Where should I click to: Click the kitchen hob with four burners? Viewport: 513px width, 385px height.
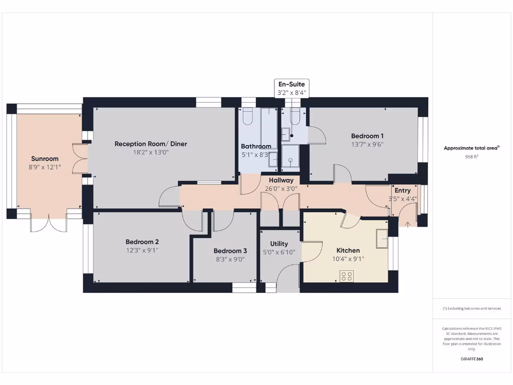pos(347,276)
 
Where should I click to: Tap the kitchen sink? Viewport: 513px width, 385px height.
pos(382,238)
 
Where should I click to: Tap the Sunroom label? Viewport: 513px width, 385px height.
pos(45,158)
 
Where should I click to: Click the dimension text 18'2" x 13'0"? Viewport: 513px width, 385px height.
pos(151,152)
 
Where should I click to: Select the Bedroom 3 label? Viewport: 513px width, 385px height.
pos(230,251)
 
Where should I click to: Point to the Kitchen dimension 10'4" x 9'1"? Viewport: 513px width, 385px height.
pos(348,259)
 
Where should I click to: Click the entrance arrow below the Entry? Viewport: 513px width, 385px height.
pos(408,224)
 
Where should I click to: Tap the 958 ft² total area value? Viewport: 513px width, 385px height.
pos(471,157)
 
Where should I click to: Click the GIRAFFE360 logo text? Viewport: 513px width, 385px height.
pos(471,359)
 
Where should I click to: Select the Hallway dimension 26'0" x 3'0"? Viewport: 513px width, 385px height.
pos(281,189)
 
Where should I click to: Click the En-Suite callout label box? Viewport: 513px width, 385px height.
pos(291,88)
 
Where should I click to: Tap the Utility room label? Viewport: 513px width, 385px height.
pos(279,244)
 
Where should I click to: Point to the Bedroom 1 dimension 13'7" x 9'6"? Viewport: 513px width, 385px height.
pos(367,144)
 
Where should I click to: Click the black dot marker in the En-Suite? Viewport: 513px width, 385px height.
pos(291,136)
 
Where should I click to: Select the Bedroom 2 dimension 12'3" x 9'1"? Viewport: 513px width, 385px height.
pos(142,250)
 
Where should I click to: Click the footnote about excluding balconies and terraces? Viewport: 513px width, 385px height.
pos(471,308)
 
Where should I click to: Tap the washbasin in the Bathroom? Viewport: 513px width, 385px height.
pos(273,160)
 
